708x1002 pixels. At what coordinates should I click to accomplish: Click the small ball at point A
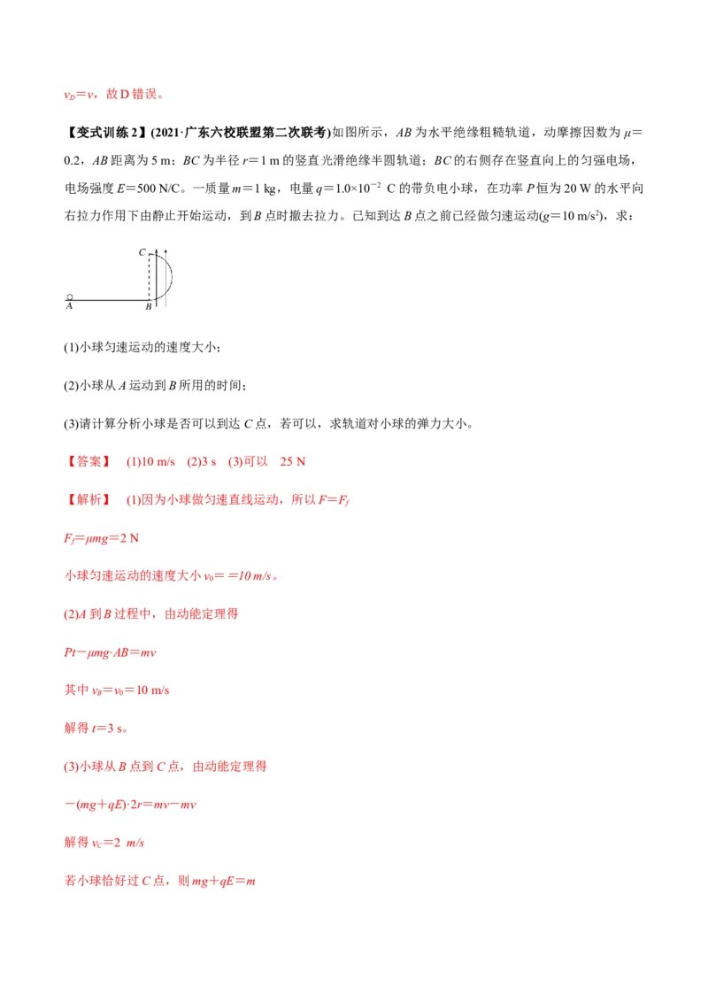click(x=70, y=297)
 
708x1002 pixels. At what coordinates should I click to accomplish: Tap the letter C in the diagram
click(x=142, y=252)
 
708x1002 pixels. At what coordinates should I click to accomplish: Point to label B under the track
click(x=149, y=307)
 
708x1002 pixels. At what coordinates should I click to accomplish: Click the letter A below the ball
click(x=69, y=307)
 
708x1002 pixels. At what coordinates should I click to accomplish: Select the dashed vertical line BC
click(x=150, y=277)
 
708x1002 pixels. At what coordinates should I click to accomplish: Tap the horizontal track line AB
click(x=109, y=300)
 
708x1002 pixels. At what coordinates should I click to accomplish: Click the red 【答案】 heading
click(x=88, y=461)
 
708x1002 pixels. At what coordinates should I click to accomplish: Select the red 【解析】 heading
click(x=88, y=500)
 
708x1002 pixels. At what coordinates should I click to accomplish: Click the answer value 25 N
click(x=293, y=461)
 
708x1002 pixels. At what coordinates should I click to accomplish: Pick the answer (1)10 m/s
click(x=150, y=461)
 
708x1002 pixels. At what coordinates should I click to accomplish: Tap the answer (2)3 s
click(x=201, y=461)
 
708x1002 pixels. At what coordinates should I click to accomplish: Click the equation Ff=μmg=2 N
click(x=101, y=538)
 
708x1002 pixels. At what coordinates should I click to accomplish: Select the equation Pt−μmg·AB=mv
click(x=110, y=652)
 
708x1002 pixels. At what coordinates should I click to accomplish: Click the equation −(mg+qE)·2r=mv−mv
click(x=130, y=805)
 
